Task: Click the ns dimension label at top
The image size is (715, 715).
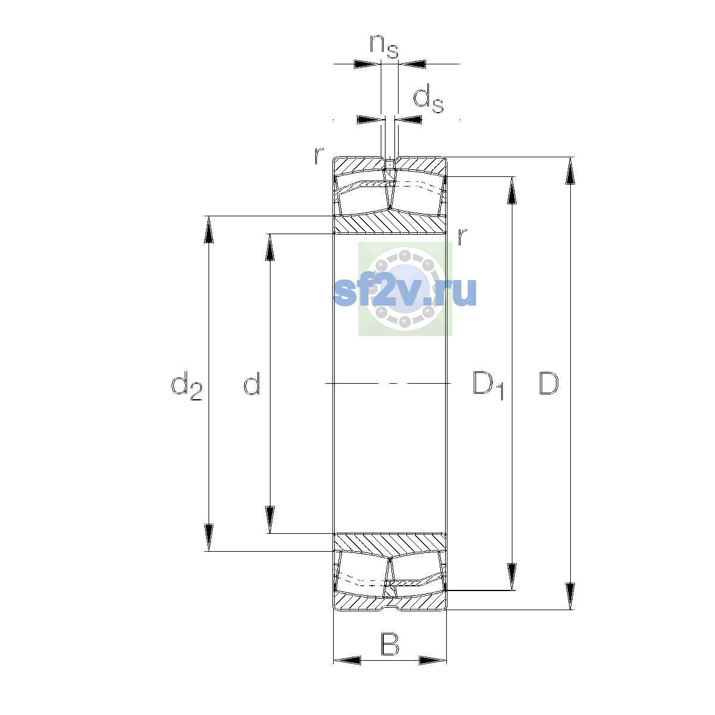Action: pyautogui.click(x=384, y=46)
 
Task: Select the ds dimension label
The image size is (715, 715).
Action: pyautogui.click(x=428, y=99)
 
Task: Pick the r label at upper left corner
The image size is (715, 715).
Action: pyautogui.click(x=319, y=156)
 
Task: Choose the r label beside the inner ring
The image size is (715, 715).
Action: pyautogui.click(x=462, y=237)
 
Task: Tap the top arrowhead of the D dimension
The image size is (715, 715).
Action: pyautogui.click(x=570, y=170)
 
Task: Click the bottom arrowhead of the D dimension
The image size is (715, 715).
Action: pyautogui.click(x=570, y=596)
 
